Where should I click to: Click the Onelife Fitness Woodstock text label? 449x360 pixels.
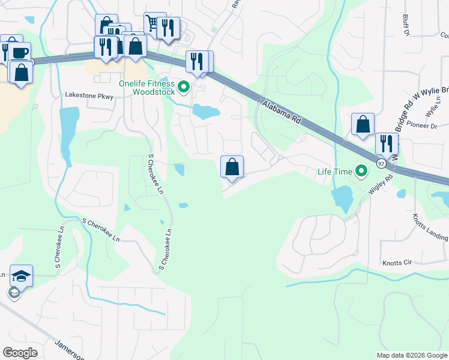point(146,88)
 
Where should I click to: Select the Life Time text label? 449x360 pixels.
point(335,172)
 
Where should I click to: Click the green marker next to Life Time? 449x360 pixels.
point(361,172)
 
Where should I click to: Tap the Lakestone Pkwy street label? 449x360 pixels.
point(89,95)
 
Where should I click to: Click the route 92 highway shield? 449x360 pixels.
point(381,163)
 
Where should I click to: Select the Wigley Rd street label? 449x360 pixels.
point(379,182)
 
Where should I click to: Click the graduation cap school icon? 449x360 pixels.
point(21,276)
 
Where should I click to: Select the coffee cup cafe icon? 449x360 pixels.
point(19,52)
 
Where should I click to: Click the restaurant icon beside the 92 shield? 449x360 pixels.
point(387,143)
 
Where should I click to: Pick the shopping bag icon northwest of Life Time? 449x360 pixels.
point(363,124)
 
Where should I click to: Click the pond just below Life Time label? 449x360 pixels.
point(342,198)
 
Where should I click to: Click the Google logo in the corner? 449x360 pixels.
point(20,353)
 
